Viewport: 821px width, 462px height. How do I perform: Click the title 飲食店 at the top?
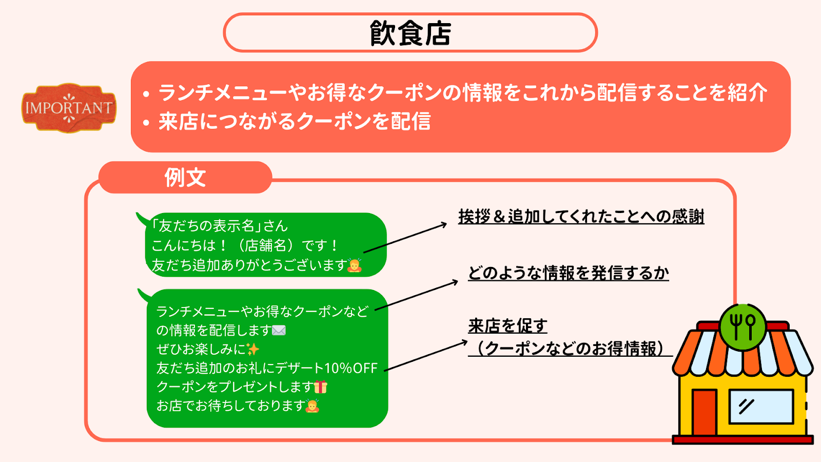410,33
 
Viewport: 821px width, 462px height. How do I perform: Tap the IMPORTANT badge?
69,108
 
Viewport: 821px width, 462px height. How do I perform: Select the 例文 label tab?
185,178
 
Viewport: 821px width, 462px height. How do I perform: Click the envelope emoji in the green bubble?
279,331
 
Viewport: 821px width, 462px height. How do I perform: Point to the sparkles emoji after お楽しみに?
252,350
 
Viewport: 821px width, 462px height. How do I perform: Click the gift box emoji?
320,387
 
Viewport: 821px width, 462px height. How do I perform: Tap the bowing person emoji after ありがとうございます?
355,265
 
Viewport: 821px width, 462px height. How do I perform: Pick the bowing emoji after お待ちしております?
312,406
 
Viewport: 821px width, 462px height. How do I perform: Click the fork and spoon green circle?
742,327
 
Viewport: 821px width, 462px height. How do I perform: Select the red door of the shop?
705,412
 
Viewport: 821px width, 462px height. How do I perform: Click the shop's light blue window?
761,407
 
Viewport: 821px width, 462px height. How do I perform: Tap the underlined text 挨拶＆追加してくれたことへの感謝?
581,216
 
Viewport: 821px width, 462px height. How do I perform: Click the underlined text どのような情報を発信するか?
569,273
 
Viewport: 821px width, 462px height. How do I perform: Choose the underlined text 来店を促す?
507,325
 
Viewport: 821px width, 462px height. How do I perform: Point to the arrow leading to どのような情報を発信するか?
417,295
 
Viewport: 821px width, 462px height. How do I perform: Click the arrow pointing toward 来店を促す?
426,356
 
